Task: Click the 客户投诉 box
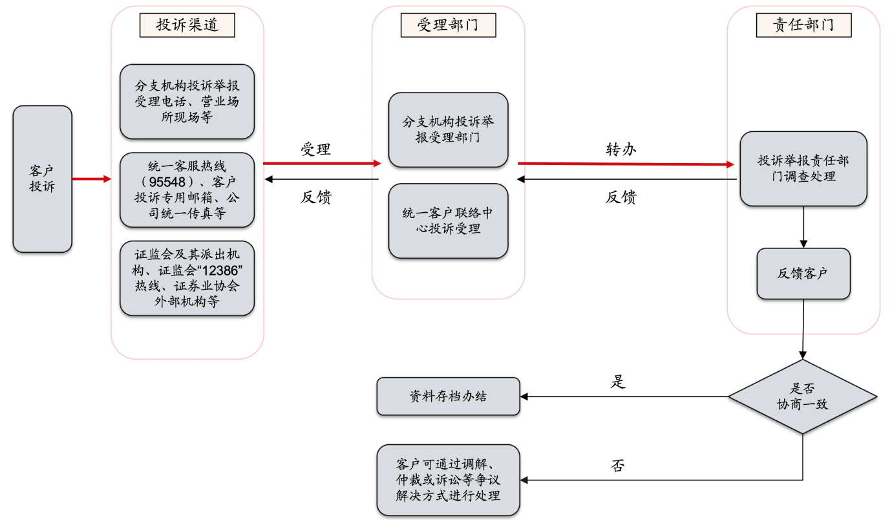point(42,179)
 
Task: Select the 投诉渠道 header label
point(187,25)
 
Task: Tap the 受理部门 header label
point(448,25)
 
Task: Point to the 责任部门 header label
point(803,25)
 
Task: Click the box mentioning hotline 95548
point(187,190)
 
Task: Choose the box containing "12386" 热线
point(187,278)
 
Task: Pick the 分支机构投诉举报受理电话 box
point(187,101)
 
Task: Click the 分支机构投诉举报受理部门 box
point(448,129)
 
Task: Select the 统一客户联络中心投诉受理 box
point(448,221)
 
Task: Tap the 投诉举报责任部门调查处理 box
point(803,168)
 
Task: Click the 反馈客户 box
point(803,273)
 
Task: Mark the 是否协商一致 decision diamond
point(803,396)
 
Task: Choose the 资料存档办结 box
point(448,396)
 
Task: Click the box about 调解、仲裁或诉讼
point(448,480)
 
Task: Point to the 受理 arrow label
point(316,149)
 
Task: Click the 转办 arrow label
point(621,149)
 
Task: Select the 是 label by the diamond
point(618,382)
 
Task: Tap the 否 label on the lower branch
point(618,465)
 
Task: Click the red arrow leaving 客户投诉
point(91,179)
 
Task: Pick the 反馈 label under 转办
point(621,197)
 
